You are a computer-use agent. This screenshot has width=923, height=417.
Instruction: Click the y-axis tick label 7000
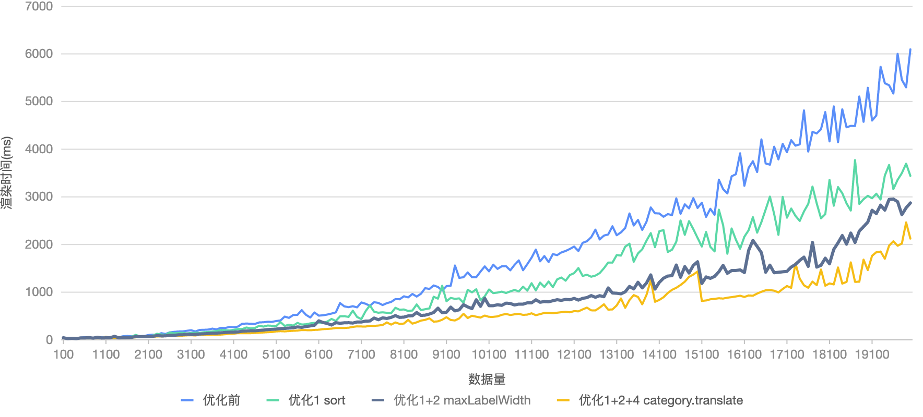pyautogui.click(x=39, y=6)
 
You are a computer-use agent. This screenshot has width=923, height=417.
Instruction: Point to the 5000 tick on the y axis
pyautogui.click(x=39, y=102)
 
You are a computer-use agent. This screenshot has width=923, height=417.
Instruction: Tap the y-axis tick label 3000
pyautogui.click(x=39, y=197)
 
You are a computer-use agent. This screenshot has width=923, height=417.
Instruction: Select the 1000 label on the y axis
pyautogui.click(x=39, y=292)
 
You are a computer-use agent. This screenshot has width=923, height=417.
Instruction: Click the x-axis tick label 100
pyautogui.click(x=64, y=355)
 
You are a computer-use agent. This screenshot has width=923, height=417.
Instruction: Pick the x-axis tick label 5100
pyautogui.click(x=276, y=355)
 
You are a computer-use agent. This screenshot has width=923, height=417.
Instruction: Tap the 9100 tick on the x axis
pyautogui.click(x=446, y=355)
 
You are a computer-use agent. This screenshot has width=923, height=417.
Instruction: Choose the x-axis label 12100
pyautogui.click(x=574, y=355)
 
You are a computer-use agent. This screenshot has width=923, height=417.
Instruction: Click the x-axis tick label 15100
pyautogui.click(x=701, y=355)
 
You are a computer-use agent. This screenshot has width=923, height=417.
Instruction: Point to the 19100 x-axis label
pyautogui.click(x=871, y=355)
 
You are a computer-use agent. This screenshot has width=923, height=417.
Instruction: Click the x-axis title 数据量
pyautogui.click(x=487, y=379)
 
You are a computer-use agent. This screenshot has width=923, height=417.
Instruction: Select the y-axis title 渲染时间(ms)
pyautogui.click(x=7, y=173)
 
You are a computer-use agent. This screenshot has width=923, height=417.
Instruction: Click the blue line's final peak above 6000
pyautogui.click(x=910, y=50)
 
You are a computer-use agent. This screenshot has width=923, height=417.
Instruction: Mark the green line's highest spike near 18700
pyautogui.click(x=855, y=161)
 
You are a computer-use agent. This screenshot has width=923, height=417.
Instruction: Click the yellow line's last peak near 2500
pyautogui.click(x=906, y=223)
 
